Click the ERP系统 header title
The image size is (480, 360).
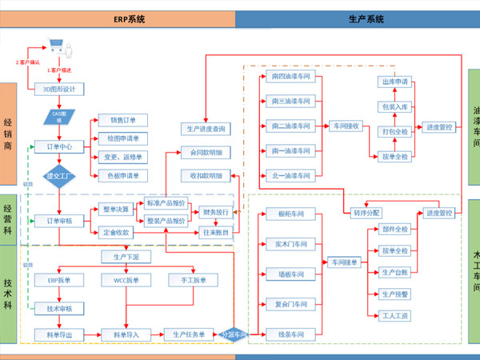coord(118,18)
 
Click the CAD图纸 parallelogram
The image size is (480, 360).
coord(58,114)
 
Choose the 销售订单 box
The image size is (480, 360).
coord(124,121)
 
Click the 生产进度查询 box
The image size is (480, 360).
coord(206,128)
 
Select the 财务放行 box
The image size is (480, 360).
coord(216,212)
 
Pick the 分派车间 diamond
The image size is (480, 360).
coord(233,334)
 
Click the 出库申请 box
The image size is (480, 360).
coord(395,82)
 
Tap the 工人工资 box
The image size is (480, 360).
coord(395,316)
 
